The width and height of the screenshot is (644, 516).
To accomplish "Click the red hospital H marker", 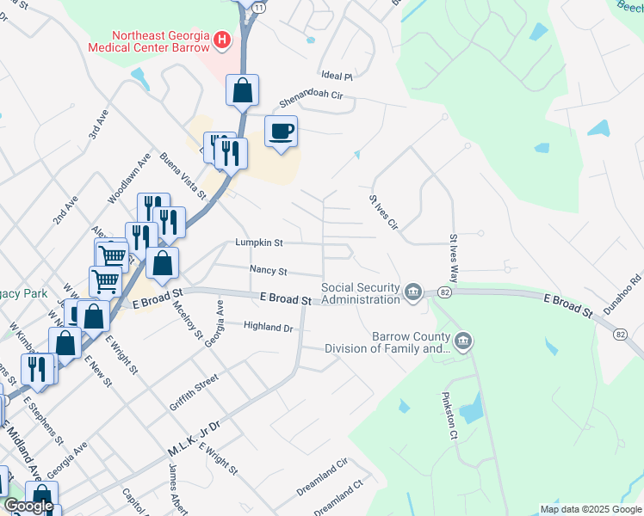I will [223, 39].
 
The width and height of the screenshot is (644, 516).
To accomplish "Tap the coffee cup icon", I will [282, 132].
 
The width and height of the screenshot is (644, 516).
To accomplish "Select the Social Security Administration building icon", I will [414, 292].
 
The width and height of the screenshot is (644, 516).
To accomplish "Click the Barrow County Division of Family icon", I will [463, 342].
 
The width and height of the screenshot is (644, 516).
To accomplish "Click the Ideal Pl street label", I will [336, 76].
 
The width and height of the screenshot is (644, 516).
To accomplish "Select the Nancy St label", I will [268, 270].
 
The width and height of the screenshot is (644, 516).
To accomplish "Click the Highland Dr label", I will [269, 327].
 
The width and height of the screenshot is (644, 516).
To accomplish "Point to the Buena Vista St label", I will [183, 175].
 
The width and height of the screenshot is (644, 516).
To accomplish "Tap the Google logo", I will [28, 506].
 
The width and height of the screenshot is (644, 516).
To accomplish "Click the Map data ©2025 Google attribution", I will [591, 509].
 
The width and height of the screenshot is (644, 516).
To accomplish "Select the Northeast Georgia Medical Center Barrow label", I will [148, 41].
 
